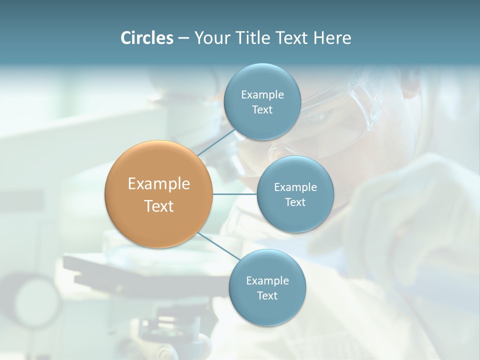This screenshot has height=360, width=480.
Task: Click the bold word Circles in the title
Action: [146, 38]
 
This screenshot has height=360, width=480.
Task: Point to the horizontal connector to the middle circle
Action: [234, 194]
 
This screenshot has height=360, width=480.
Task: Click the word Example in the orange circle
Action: [159, 183]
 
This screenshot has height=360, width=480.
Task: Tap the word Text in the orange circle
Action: [159, 206]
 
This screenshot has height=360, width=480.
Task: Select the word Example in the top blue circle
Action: [262, 94]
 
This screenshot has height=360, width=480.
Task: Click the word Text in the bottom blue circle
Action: [267, 295]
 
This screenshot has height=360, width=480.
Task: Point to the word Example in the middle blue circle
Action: [295, 187]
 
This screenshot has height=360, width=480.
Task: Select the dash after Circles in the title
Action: [183, 38]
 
